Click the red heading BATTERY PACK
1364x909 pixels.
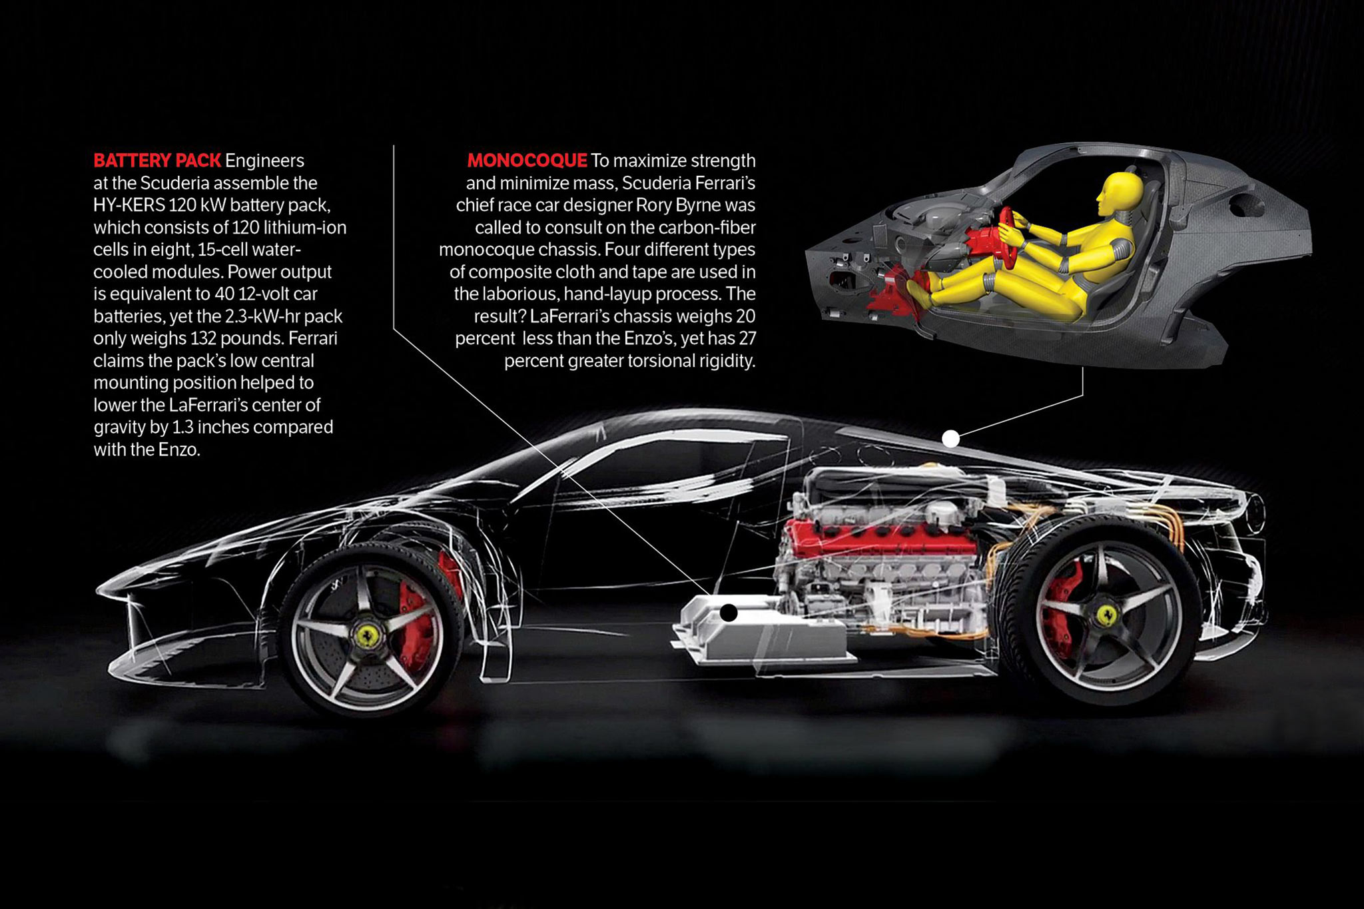157,160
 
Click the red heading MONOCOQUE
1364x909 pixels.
527,160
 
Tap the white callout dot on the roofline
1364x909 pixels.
950,439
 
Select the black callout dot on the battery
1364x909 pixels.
729,613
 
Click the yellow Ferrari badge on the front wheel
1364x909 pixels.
368,636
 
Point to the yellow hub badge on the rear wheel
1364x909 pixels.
1107,615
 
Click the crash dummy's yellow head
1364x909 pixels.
1120,194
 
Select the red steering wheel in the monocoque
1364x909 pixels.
1008,236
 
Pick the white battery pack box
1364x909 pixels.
763,629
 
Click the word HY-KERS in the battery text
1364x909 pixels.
129,205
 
